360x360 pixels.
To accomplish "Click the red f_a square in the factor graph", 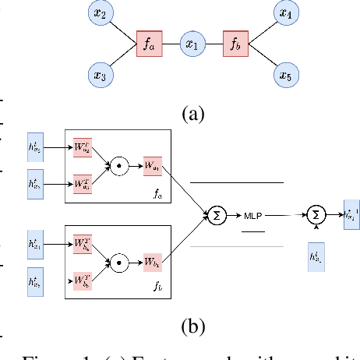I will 148,44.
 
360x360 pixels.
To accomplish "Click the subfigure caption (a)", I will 192,115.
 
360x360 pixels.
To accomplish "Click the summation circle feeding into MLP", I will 215,214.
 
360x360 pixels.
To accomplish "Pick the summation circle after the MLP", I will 315,214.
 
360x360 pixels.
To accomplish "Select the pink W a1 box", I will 152,166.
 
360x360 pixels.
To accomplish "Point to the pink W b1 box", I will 152,263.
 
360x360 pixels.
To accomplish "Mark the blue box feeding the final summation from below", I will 315,258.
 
